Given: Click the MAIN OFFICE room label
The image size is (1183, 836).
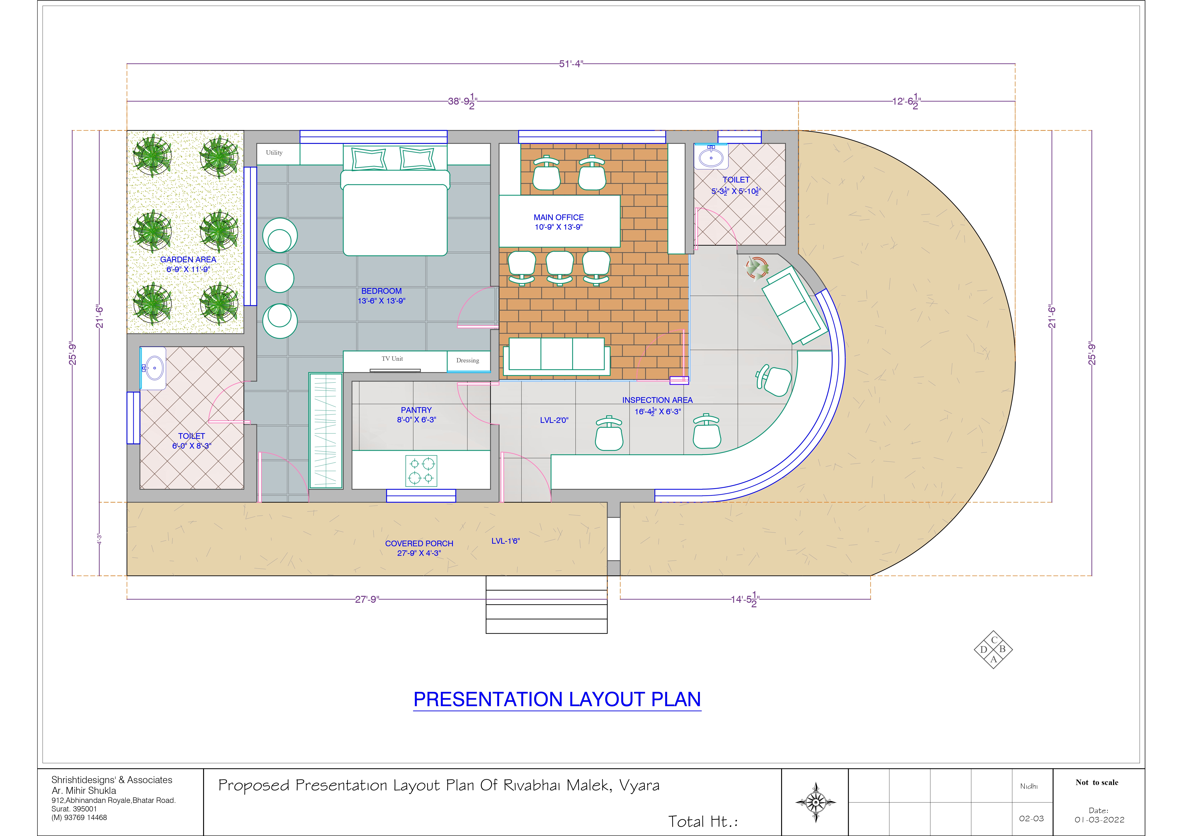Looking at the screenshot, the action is (558, 217).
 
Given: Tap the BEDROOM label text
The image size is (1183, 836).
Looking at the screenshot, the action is (381, 291).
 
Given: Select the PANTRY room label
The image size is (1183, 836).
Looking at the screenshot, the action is (416, 410).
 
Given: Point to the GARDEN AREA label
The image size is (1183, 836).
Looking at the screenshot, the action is (188, 260).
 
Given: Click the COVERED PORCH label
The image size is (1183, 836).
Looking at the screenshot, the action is (419, 543).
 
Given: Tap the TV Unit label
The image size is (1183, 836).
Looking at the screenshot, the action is (392, 359).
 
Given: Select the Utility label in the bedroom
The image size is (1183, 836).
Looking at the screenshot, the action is (274, 152).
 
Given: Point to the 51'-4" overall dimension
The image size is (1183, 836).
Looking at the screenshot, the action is (571, 64).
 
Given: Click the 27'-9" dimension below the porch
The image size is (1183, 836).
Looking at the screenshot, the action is (367, 600).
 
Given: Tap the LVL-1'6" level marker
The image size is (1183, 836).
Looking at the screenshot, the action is (506, 541).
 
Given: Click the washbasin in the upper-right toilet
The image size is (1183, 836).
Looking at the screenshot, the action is (711, 157).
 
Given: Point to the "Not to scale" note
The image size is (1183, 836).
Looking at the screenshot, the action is (1097, 782).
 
